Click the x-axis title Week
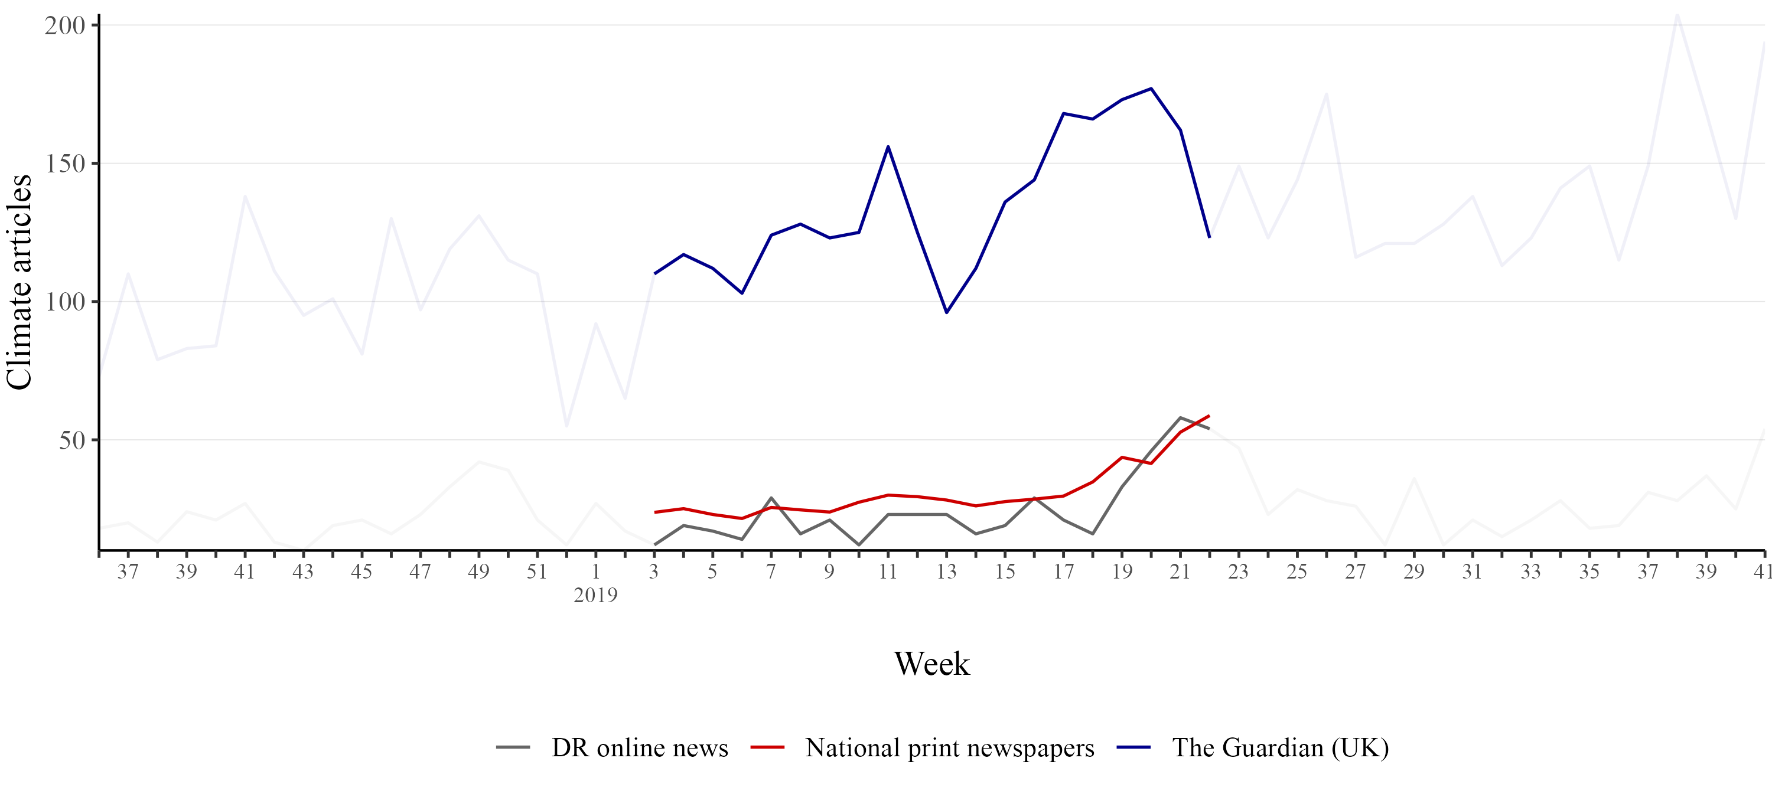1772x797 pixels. point(931,664)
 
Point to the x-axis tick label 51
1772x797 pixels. point(536,572)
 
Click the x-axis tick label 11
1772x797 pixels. point(887,572)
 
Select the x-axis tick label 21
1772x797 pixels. point(1180,572)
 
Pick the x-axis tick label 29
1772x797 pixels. point(1413,572)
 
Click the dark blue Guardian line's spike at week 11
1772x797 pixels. point(888,146)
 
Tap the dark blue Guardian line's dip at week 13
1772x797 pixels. point(946,313)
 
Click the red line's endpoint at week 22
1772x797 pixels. point(1209,416)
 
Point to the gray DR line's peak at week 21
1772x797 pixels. point(1180,417)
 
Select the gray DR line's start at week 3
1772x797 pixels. point(654,545)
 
